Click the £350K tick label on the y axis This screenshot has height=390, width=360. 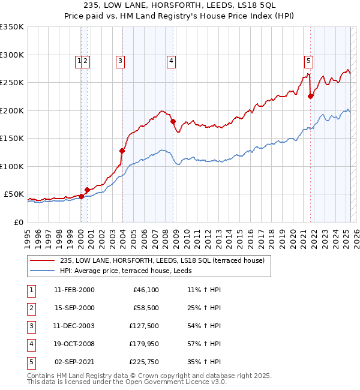pyautogui.click(x=12, y=27)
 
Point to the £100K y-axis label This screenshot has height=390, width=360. pyautogui.click(x=12, y=166)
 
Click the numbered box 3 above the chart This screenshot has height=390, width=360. pyautogui.click(x=121, y=60)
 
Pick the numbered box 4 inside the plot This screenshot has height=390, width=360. pyautogui.click(x=171, y=60)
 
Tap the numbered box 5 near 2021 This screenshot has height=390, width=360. pyautogui.click(x=308, y=60)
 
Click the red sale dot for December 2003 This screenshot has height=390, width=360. pyautogui.click(x=122, y=151)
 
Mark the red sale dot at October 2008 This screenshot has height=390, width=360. pyautogui.click(x=173, y=122)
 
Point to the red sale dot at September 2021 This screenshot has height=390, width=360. pyautogui.click(x=311, y=96)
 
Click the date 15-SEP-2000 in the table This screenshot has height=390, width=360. pyautogui.click(x=74, y=309)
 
